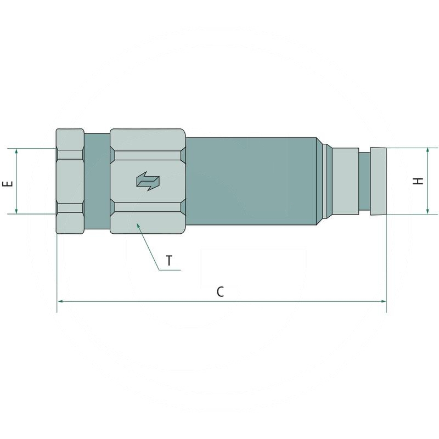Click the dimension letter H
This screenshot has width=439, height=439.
click(x=418, y=181)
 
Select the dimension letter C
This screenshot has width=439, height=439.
click(x=221, y=292)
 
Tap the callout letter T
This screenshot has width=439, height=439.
click(x=169, y=261)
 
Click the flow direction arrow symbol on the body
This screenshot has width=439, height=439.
click(x=148, y=181)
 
